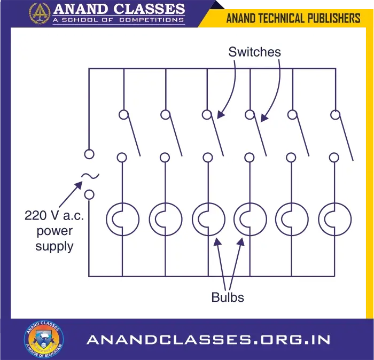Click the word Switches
(x=254, y=52)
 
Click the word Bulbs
(x=228, y=297)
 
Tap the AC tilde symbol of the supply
(x=90, y=176)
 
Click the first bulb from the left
(x=123, y=219)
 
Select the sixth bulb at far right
(x=334, y=219)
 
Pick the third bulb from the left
(x=208, y=219)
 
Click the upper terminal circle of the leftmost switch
(x=123, y=114)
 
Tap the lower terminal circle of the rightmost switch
(x=334, y=157)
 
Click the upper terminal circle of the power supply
(x=89, y=154)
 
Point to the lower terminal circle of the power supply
(x=90, y=194)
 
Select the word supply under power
(x=54, y=246)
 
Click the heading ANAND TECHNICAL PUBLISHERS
(x=293, y=18)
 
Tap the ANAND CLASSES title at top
(x=119, y=9)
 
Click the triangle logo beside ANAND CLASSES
(x=40, y=12)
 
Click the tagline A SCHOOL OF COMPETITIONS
(x=119, y=20)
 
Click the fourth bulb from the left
(x=250, y=219)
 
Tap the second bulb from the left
(x=165, y=219)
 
